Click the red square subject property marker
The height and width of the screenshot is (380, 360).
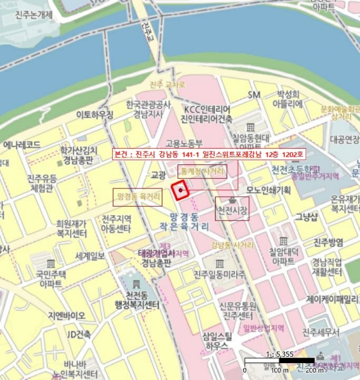point(180,191)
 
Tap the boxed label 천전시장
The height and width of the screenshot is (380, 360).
point(232,210)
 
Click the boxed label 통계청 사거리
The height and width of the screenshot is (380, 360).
point(201,172)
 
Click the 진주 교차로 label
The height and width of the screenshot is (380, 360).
point(167,85)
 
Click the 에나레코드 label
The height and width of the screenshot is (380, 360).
point(22,145)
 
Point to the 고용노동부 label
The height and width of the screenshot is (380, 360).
point(184,144)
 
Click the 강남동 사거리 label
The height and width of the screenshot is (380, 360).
point(232,245)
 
